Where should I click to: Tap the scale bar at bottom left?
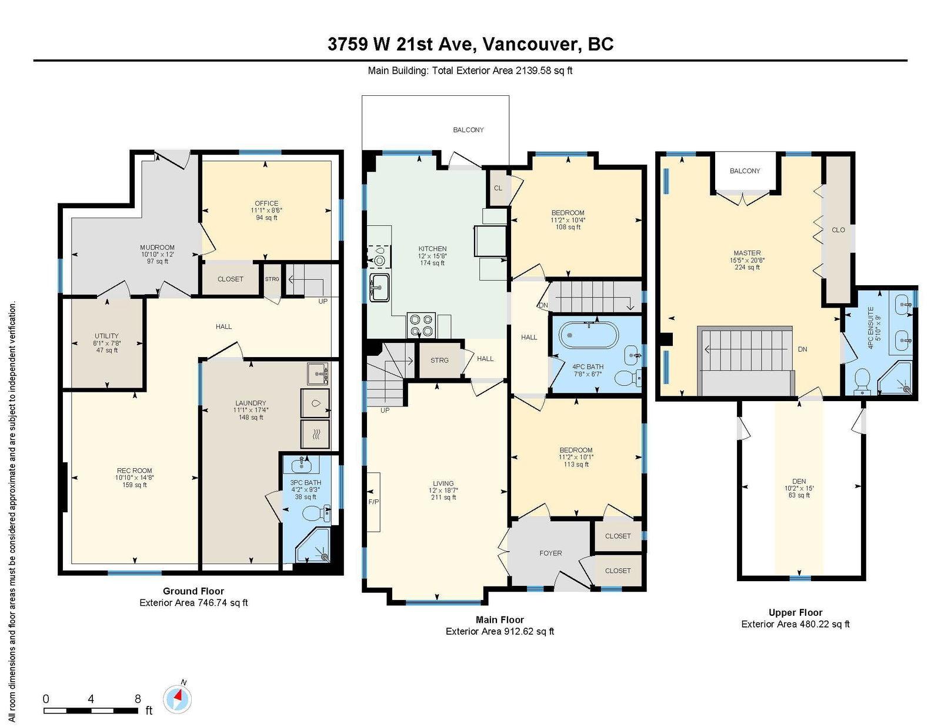click(91, 711)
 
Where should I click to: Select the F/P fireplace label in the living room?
click(373, 502)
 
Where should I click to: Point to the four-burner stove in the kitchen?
click(421, 325)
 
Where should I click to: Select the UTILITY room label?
click(106, 336)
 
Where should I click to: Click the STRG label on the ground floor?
click(272, 279)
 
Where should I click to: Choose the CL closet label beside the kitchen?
click(498, 188)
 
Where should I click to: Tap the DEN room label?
click(799, 481)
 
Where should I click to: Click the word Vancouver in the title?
click(532, 44)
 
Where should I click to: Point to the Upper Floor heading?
click(795, 613)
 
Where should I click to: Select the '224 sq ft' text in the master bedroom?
click(747, 268)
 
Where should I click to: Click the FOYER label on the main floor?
click(550, 553)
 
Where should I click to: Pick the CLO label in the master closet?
click(838, 230)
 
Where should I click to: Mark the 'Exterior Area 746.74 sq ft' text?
click(193, 603)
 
